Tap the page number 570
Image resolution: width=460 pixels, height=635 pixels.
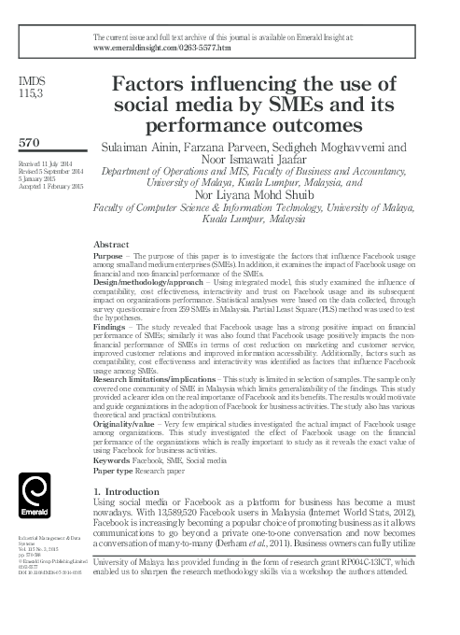(x=30, y=144)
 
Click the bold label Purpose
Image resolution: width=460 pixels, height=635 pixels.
(x=113, y=255)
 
